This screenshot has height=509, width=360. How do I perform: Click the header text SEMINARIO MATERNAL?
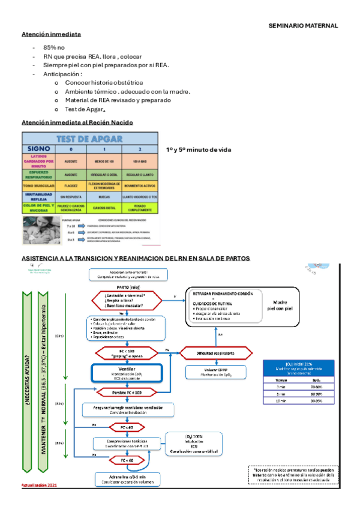(x=302, y=26)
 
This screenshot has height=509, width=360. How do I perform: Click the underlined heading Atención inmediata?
(x=51, y=34)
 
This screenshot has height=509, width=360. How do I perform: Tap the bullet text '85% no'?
(x=54, y=47)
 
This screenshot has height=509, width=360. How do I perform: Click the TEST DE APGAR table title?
(x=90, y=139)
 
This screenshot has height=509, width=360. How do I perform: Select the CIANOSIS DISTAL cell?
(x=103, y=208)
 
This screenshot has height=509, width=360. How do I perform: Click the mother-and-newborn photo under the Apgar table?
(x=42, y=230)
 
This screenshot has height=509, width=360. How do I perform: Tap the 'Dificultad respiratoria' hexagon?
(x=211, y=353)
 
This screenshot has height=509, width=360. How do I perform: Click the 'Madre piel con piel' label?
(x=280, y=305)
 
